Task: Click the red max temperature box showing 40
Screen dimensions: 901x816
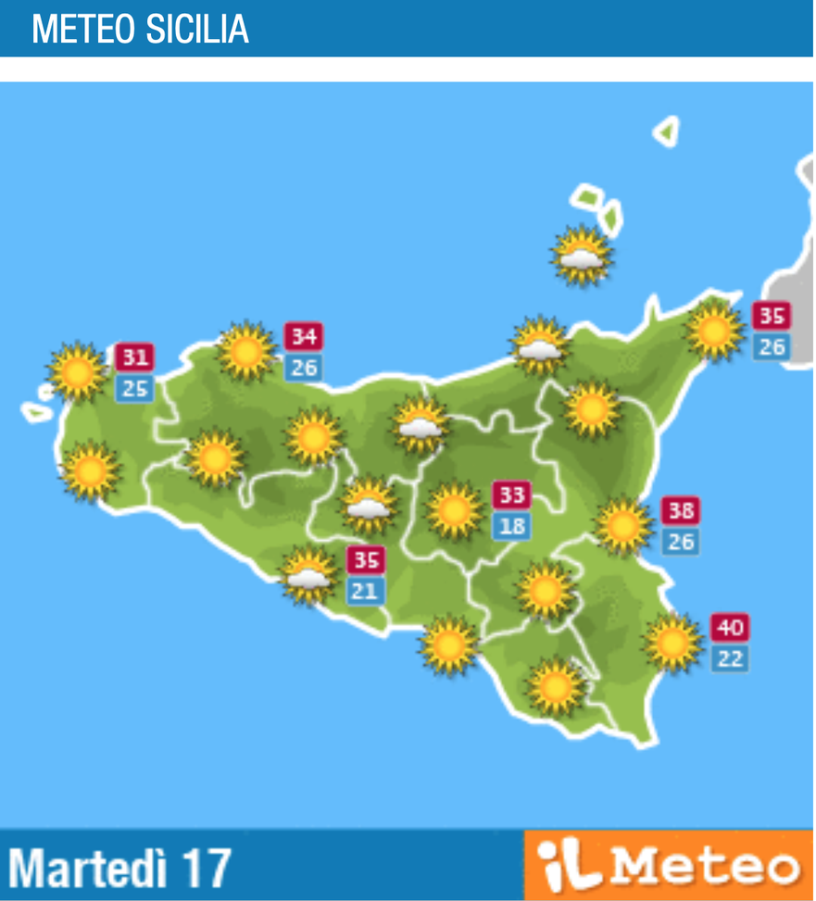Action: click(x=730, y=628)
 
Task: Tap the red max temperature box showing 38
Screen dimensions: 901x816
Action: click(x=681, y=510)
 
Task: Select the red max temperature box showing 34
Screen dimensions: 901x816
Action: click(x=303, y=335)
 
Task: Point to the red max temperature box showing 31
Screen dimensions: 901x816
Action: click(x=135, y=357)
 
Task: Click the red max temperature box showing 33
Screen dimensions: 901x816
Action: click(x=511, y=495)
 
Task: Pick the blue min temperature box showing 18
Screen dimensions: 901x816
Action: click(x=511, y=527)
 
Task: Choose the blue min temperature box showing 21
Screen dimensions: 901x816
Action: click(x=365, y=591)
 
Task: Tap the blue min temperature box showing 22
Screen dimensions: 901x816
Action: click(x=730, y=659)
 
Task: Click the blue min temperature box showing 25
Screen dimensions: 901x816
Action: click(x=135, y=389)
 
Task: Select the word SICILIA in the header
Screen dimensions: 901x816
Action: click(x=196, y=30)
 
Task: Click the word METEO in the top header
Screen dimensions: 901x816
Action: click(x=83, y=30)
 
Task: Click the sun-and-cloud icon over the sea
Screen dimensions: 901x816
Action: click(x=582, y=255)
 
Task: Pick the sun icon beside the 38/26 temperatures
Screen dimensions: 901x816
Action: click(x=623, y=526)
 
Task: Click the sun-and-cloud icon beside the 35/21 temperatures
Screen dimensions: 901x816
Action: click(x=308, y=575)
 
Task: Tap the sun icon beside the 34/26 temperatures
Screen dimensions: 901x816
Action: click(x=246, y=351)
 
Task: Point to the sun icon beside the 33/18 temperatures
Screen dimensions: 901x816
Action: click(x=454, y=510)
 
